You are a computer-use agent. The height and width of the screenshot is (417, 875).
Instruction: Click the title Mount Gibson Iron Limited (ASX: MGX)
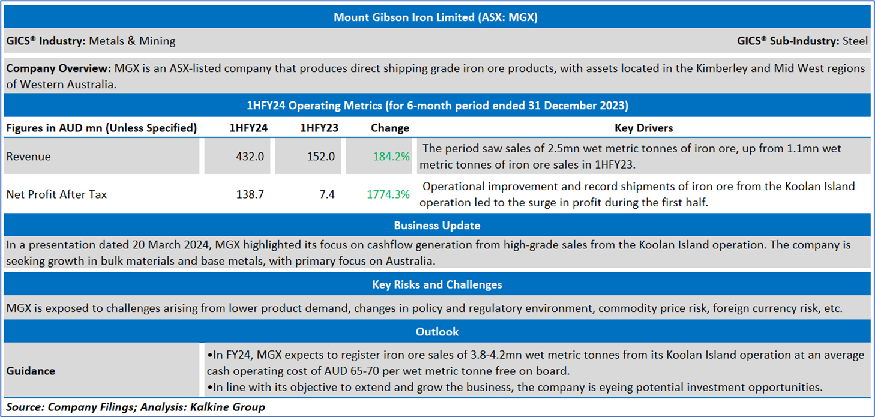click(x=436, y=17)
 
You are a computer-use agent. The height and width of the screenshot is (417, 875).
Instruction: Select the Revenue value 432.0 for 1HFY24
click(x=250, y=157)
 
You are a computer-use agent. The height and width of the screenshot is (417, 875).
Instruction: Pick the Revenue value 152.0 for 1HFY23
click(x=320, y=157)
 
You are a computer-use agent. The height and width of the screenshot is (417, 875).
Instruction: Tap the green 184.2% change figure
click(x=391, y=157)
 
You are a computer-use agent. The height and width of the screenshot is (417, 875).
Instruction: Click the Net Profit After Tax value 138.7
click(x=250, y=194)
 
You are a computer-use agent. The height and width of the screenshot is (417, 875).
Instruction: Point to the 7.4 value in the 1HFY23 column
click(x=327, y=194)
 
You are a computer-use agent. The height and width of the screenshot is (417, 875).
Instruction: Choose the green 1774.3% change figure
click(x=388, y=194)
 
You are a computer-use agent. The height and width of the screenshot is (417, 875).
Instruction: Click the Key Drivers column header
click(x=644, y=128)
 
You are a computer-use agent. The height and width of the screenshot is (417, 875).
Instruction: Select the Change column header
click(x=390, y=128)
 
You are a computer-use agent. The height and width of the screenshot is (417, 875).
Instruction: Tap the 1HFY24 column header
click(x=248, y=128)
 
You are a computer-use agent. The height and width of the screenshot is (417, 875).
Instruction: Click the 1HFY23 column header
click(x=319, y=128)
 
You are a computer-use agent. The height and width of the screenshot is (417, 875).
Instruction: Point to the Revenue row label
click(x=29, y=157)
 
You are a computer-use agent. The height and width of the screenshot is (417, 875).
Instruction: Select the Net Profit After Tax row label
click(x=56, y=194)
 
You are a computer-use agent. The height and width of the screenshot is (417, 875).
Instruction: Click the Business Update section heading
click(x=437, y=226)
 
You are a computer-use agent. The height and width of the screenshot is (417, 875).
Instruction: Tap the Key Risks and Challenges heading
click(x=437, y=284)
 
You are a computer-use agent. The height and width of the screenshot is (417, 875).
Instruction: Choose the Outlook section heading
click(x=437, y=332)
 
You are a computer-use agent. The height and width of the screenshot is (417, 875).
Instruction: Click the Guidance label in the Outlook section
click(x=31, y=371)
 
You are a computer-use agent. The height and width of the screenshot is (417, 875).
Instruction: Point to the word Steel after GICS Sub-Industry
click(x=855, y=41)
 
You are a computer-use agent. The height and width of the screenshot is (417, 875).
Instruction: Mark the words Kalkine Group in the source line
click(x=227, y=407)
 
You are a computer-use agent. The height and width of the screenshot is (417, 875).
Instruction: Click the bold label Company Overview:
click(x=59, y=69)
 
